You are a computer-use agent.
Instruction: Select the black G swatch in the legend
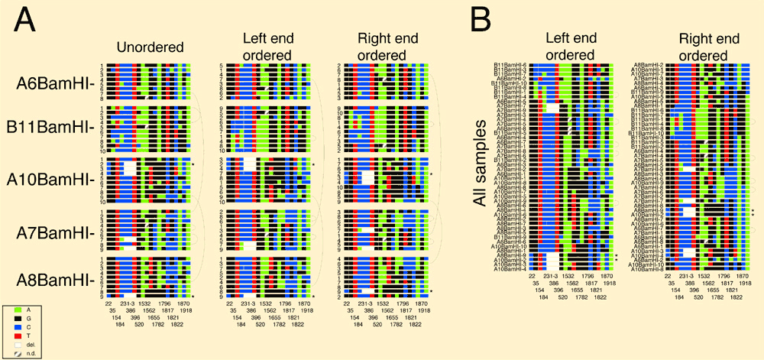pyautogui.click(x=11, y=322)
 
